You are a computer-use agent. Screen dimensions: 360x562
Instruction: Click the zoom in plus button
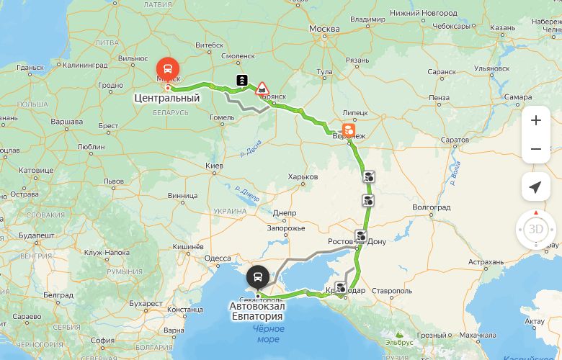pyautogui.click(x=535, y=120)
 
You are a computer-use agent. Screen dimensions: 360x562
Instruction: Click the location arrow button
pyautogui.click(x=535, y=187)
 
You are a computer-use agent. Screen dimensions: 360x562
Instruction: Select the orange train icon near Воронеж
pyautogui.click(x=348, y=130)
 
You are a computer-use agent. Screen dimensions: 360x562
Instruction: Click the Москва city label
pyautogui.click(x=324, y=29)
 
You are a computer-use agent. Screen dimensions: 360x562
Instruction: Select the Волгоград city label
pyautogui.click(x=432, y=207)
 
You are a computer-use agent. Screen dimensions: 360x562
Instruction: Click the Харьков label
pyautogui.click(x=302, y=176)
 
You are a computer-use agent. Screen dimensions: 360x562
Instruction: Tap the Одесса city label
pyautogui.click(x=218, y=258)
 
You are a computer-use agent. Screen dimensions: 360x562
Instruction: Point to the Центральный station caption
pyautogui.click(x=166, y=98)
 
